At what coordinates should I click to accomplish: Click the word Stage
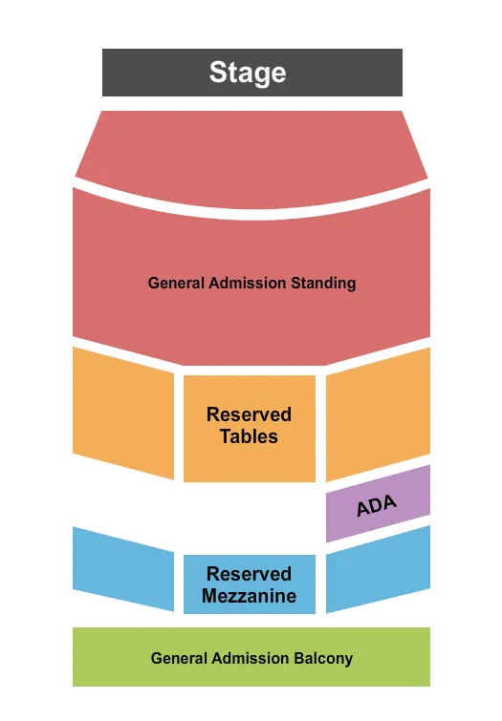click(x=248, y=73)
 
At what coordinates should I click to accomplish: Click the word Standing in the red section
click(x=324, y=283)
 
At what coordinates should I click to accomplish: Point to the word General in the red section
click(x=176, y=283)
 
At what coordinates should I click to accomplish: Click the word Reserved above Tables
click(x=249, y=414)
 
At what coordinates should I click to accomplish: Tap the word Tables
click(x=249, y=437)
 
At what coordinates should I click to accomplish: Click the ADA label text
click(x=376, y=505)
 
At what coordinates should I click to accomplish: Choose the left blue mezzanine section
click(x=122, y=569)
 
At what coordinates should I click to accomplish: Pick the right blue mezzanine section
click(x=378, y=571)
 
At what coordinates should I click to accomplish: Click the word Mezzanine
click(x=249, y=597)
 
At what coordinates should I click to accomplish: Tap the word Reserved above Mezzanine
click(x=249, y=574)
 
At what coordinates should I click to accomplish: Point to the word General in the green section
click(x=178, y=658)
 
